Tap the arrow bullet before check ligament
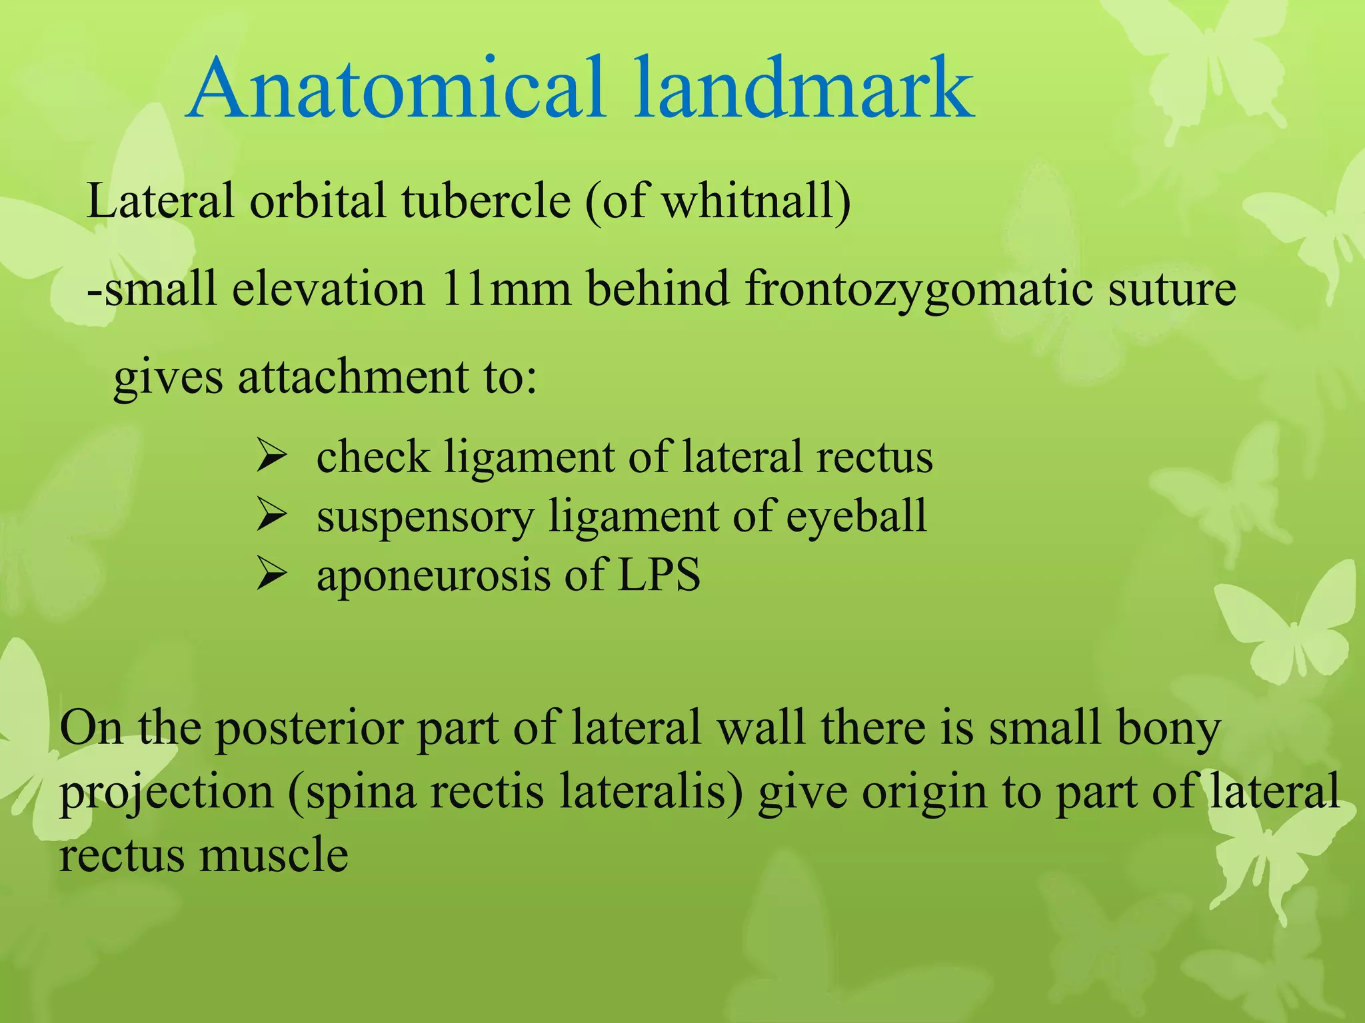(271, 458)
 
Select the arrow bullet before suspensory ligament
(271, 517)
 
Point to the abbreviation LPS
(659, 575)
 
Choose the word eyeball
(856, 517)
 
